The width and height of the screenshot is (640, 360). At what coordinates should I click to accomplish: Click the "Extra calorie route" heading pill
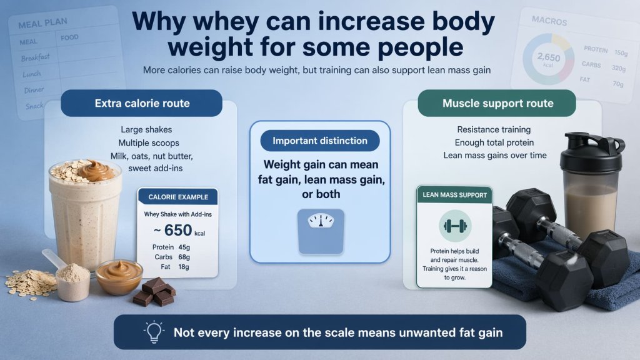(141, 103)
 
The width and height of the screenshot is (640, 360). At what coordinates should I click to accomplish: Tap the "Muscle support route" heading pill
(497, 103)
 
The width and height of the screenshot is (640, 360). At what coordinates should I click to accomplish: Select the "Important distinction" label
(319, 141)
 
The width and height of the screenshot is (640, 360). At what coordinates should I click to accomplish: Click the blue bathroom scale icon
(321, 231)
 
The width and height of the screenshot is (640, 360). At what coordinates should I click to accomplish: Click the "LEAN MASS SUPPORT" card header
(454, 195)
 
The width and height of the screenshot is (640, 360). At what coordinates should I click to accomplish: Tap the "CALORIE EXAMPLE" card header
(177, 197)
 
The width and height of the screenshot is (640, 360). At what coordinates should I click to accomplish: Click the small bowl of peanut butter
(119, 276)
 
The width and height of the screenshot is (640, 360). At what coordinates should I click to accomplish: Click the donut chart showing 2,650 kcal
(548, 60)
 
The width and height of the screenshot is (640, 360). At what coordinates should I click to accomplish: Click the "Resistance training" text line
(494, 129)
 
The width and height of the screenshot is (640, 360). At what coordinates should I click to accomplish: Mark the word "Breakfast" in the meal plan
(35, 57)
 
